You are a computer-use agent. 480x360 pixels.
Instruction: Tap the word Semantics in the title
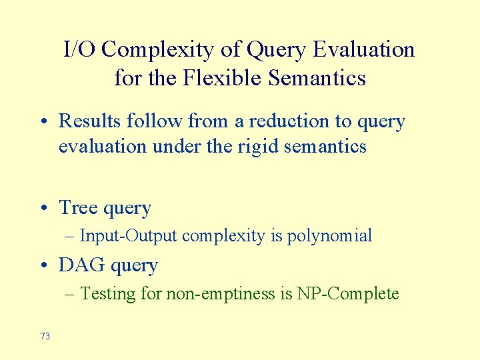click(317, 78)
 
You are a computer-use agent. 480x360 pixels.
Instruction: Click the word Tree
click(78, 208)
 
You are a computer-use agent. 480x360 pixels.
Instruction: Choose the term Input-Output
click(129, 236)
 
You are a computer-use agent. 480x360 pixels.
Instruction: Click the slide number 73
click(45, 337)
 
